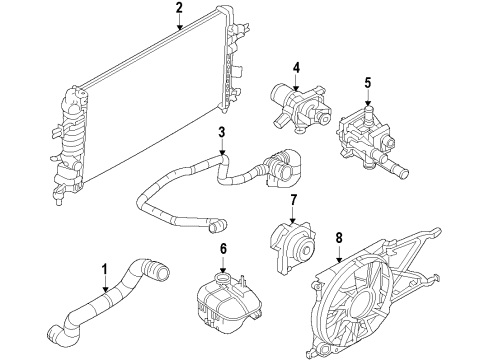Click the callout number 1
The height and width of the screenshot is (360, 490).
click(x=105, y=268)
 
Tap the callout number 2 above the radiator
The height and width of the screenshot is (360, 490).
click(x=178, y=11)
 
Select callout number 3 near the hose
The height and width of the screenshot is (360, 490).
click(x=222, y=132)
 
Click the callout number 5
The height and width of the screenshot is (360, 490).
click(x=368, y=83)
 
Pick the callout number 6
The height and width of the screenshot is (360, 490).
click(x=223, y=249)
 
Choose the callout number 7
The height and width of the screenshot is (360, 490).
click(x=293, y=200)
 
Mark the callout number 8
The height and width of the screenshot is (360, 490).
click(x=339, y=238)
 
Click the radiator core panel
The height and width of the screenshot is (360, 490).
click(x=150, y=100)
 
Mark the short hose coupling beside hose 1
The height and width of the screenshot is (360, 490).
click(x=157, y=271)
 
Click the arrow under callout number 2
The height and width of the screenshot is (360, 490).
click(x=179, y=27)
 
